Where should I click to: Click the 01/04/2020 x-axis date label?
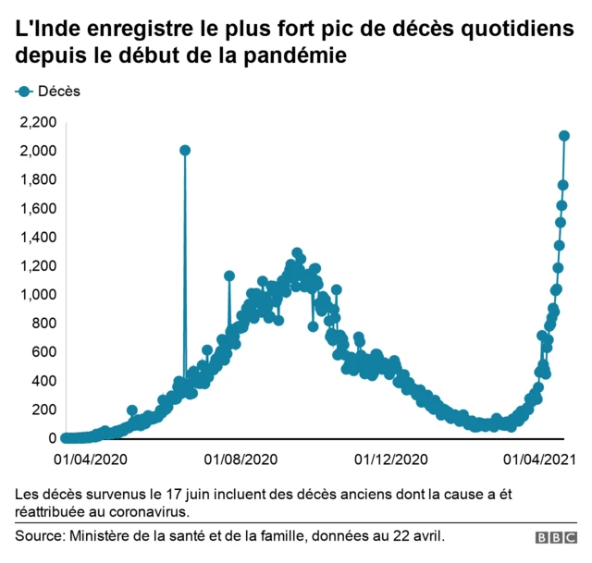click(x=90, y=459)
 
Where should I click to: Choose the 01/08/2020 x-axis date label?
click(x=240, y=459)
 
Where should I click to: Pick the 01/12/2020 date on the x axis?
click(x=391, y=459)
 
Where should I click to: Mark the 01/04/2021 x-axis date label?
click(x=540, y=459)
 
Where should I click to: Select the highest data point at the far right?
click(x=564, y=136)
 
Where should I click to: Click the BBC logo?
click(x=554, y=537)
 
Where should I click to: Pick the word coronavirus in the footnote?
click(x=151, y=510)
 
